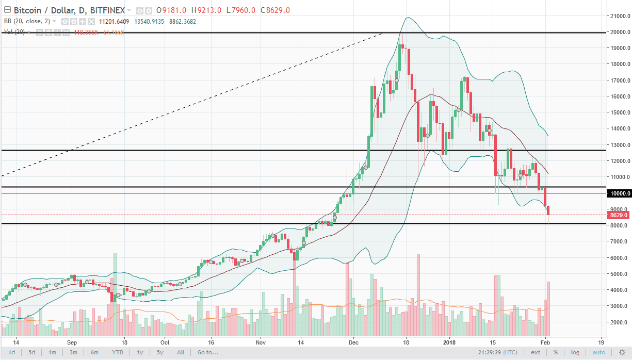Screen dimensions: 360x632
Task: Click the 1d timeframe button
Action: tap(11, 352)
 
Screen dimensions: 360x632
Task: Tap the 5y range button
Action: tap(160, 352)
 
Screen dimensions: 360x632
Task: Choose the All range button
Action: tap(181, 352)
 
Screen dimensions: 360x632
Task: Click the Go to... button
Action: tap(207, 352)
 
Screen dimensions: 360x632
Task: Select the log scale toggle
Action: tap(575, 352)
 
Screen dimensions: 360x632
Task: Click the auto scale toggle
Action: tap(599, 352)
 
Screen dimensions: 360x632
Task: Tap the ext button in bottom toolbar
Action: tap(536, 352)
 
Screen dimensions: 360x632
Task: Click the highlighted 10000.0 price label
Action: tap(619, 193)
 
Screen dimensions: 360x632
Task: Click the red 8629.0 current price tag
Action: tap(619, 215)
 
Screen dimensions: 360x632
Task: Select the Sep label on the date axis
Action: tap(72, 342)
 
